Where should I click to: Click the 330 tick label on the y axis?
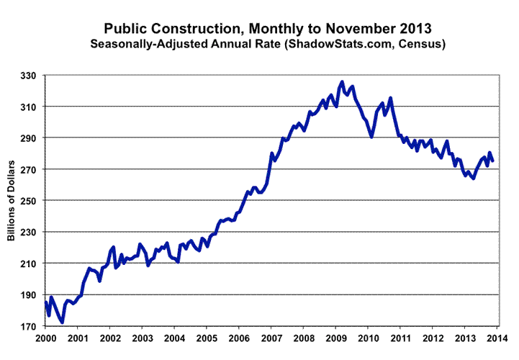[30, 75]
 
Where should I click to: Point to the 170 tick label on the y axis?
[30, 326]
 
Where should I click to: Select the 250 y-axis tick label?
[30, 201]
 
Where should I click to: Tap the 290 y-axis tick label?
[30, 138]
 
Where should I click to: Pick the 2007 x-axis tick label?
[271, 338]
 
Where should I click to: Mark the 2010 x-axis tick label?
[368, 338]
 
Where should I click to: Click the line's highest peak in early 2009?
[342, 82]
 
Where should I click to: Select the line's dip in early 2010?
[371, 137]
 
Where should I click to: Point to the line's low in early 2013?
[473, 178]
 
